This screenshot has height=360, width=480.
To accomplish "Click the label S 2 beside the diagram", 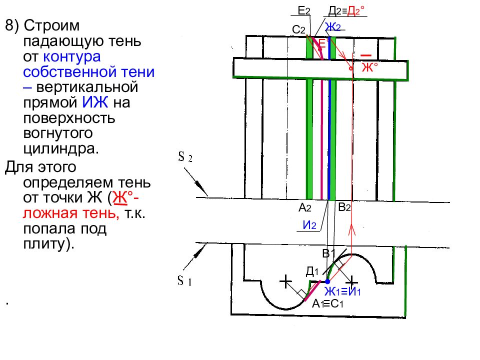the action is pos(185,157).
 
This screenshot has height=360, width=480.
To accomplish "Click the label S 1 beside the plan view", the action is pos(184,280).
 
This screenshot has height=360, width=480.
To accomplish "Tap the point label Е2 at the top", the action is pos(304,10).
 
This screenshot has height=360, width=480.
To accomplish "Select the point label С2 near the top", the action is pos(298,29).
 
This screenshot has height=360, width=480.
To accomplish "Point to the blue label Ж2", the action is pos(333,27).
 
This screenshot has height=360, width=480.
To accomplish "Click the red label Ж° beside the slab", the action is pos(370,67).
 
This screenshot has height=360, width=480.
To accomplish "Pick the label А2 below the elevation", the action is pos(305,208).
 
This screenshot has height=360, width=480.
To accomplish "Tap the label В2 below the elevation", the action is pos(344,207).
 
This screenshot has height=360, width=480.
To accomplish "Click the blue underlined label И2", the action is pos(309,225).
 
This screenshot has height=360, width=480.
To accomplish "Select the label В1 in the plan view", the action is pos(329,253).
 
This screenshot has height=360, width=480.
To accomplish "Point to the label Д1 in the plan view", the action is pos(312,271).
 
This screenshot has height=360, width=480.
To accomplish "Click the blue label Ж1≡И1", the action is pos(342,291).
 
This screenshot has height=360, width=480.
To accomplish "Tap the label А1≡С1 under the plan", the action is pos(327,303).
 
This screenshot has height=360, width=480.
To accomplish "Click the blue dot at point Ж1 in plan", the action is pos(327,281).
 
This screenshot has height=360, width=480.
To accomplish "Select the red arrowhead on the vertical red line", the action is pos(351,229).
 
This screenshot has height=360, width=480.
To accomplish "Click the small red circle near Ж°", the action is pos(351,68).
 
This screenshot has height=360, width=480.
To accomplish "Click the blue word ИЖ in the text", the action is pos(95,102).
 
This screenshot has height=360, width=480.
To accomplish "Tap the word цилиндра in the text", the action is pos(61,148).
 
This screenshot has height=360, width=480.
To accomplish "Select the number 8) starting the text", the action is pos(12,25).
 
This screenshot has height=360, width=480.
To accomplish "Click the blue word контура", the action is pos(71,56).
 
